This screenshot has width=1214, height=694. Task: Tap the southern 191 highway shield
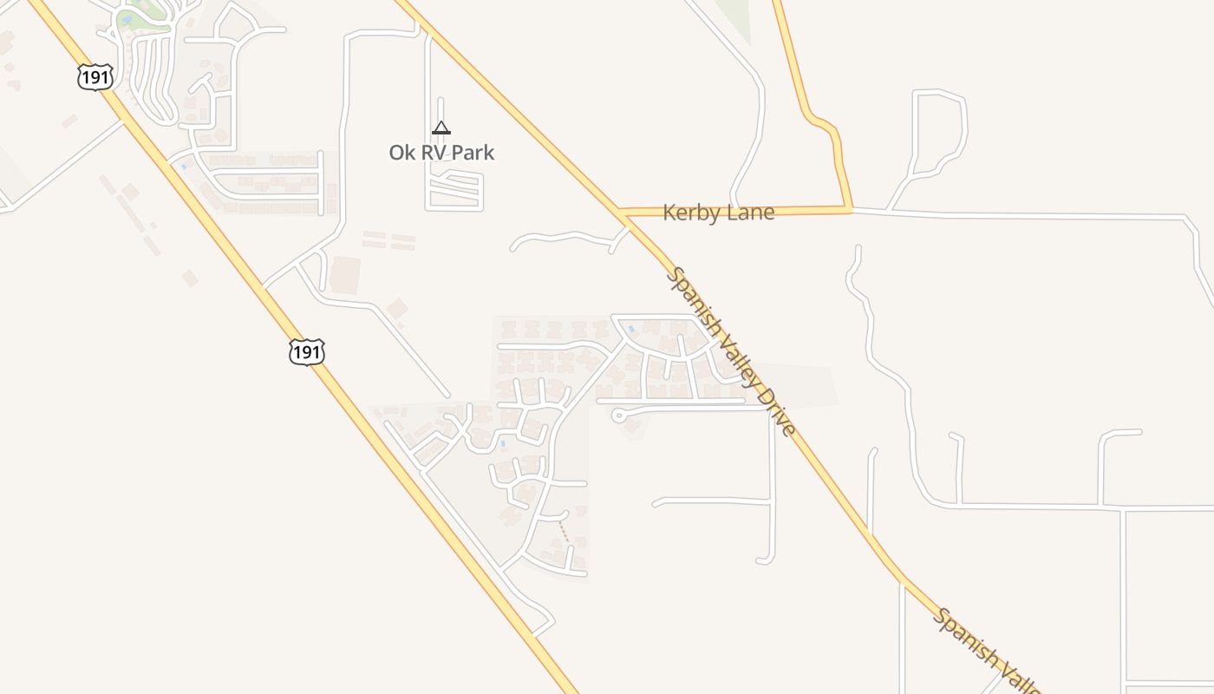point(307,351)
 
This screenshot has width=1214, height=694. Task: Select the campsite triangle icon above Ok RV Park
point(441,128)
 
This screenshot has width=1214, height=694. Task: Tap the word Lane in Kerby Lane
point(750,213)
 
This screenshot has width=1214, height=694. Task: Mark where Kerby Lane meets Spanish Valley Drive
point(623,213)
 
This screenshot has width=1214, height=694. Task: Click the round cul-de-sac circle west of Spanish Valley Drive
point(618,416)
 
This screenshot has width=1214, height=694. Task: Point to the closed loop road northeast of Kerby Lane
point(941,126)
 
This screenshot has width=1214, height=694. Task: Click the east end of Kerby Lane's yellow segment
point(850,209)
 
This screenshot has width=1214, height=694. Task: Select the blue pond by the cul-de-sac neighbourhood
point(630,328)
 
